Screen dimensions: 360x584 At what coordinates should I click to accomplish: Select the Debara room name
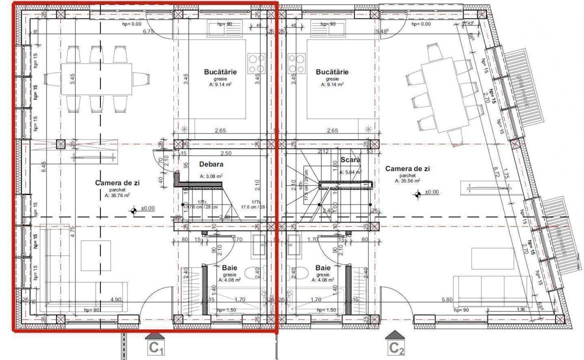click(210, 164)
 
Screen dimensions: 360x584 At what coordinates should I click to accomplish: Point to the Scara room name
click(350, 160)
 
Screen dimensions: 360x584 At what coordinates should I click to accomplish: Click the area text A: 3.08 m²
click(211, 176)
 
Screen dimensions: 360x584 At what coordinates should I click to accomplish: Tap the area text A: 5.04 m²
click(350, 172)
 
